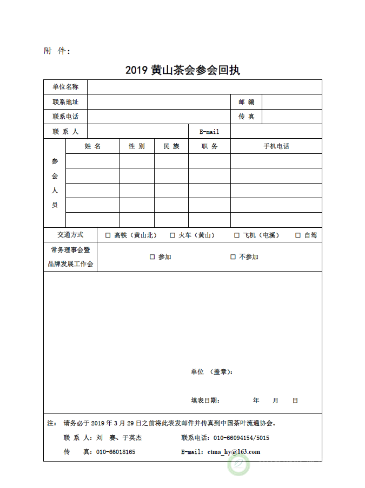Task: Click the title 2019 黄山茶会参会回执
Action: pyautogui.click(x=182, y=70)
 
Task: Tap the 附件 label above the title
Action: pyautogui.click(x=57, y=51)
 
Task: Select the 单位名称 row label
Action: pyautogui.click(x=65, y=87)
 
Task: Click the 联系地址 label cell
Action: pyautogui.click(x=65, y=101)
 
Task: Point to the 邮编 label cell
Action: pyautogui.click(x=246, y=101)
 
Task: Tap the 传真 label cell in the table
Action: pyautogui.click(x=246, y=117)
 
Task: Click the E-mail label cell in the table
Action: pyautogui.click(x=209, y=131)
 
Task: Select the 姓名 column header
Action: pyautogui.click(x=92, y=146)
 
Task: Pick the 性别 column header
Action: pyautogui.click(x=136, y=146)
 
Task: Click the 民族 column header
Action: pyautogui.click(x=171, y=146)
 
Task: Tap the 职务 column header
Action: pyautogui.click(x=209, y=146)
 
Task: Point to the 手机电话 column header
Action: pyautogui.click(x=276, y=146)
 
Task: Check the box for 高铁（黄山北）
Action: pyautogui.click(x=108, y=235)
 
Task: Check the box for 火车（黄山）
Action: pyautogui.click(x=172, y=235)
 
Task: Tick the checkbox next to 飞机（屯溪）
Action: pyautogui.click(x=237, y=235)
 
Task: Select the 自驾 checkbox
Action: pyautogui.click(x=298, y=235)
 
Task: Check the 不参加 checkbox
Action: pyautogui.click(x=233, y=257)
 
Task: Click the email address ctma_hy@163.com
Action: pyautogui.click(x=234, y=452)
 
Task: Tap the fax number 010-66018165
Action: pyautogui.click(x=116, y=452)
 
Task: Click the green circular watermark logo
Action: pyautogui.click(x=238, y=464)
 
